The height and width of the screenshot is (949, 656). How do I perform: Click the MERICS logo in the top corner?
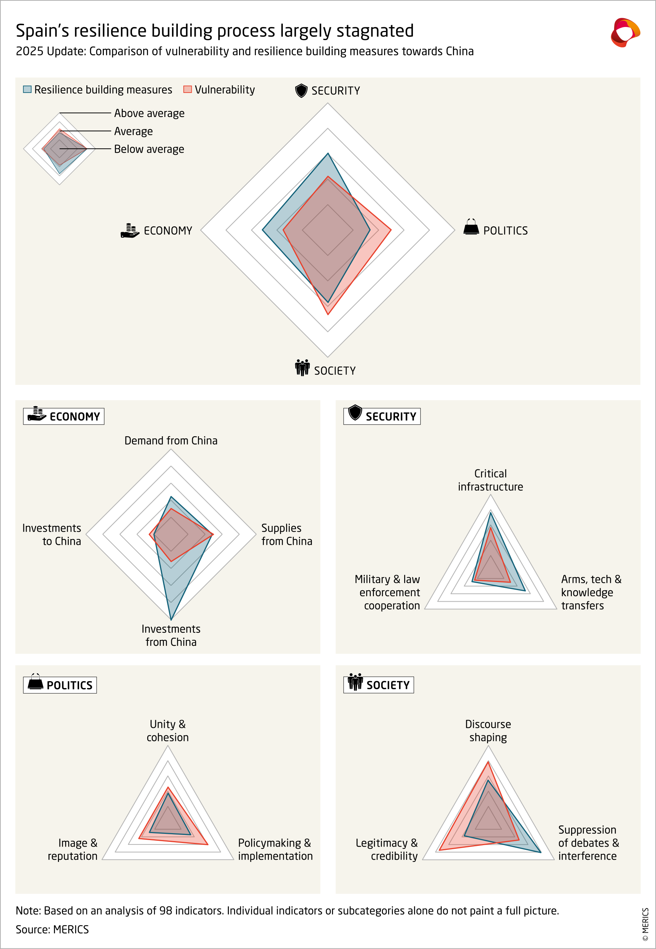[625, 32]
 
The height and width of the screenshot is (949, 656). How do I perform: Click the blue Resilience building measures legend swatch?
[27, 89]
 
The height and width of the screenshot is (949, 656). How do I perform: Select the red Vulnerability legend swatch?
[187, 89]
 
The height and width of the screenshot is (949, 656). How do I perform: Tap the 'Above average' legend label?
[149, 113]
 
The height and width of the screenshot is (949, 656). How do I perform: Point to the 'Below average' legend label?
[149, 149]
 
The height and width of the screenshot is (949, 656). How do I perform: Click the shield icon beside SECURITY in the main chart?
[301, 90]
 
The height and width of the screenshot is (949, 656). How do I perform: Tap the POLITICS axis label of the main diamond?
[505, 231]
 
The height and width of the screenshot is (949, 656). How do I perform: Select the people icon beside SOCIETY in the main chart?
[302, 368]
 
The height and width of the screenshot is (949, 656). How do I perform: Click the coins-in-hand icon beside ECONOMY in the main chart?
[130, 230]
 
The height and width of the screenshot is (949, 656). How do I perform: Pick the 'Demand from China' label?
[171, 441]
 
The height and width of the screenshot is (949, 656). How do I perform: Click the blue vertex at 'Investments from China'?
[171, 619]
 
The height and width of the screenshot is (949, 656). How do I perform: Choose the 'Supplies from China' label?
[286, 534]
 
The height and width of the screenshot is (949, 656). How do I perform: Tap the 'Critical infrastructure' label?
[490, 480]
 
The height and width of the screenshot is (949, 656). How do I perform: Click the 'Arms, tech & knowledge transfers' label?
[591, 592]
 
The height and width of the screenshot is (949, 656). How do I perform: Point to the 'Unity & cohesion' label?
[168, 730]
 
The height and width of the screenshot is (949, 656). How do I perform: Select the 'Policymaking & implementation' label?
[275, 849]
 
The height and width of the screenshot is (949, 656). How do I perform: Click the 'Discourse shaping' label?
[488, 730]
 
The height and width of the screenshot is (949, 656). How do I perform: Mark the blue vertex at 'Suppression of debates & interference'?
[540, 852]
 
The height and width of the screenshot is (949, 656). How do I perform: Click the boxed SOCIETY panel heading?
[379, 685]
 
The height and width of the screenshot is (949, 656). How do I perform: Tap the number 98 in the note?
[166, 910]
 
